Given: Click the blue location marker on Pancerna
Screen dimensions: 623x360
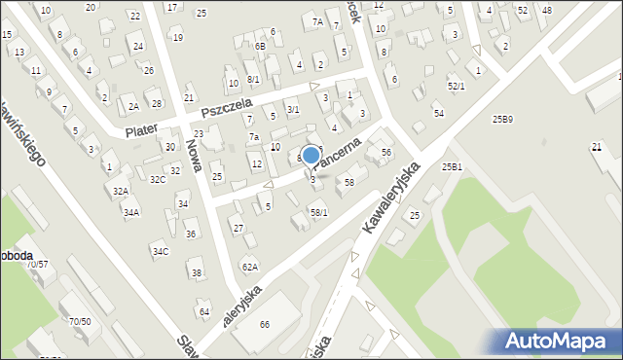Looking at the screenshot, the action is (x=311, y=155).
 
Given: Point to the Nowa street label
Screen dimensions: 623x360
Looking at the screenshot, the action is (x=193, y=154).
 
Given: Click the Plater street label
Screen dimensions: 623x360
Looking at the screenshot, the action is (x=142, y=127).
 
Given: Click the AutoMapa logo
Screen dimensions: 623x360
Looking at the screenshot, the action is (x=558, y=340).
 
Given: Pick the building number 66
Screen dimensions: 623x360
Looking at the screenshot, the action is (x=264, y=324).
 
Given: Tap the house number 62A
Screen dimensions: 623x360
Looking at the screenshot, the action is (x=250, y=267).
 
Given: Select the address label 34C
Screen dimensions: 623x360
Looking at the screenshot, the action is (x=160, y=251).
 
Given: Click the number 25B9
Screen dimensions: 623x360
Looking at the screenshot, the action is (x=502, y=119).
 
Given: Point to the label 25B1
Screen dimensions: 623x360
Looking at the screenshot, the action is (x=452, y=166).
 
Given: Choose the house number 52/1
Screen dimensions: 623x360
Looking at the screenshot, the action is (x=456, y=87).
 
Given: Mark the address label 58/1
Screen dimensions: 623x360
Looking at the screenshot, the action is (x=318, y=212).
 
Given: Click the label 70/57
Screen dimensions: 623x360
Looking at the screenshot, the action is (x=38, y=264).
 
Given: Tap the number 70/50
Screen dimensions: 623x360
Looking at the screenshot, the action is (x=80, y=321).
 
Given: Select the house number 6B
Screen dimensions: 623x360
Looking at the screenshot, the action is (x=260, y=46).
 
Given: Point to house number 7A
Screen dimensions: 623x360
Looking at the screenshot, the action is (x=317, y=21).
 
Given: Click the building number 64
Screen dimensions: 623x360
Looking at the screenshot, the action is (x=204, y=311).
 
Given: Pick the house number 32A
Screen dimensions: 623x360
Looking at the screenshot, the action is (x=120, y=192).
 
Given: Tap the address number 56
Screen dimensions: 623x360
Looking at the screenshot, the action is (x=386, y=152).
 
